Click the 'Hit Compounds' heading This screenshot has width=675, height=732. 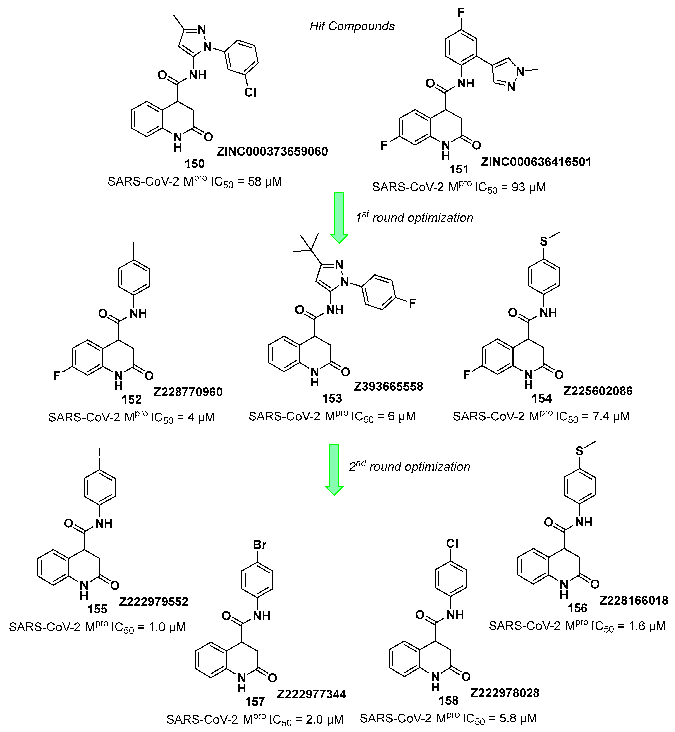click(352, 26)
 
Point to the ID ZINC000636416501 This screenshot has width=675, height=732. click(536, 162)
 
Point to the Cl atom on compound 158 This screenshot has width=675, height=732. click(452, 544)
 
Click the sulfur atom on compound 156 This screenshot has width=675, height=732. click(580, 451)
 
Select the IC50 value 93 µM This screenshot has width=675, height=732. click(529, 187)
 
